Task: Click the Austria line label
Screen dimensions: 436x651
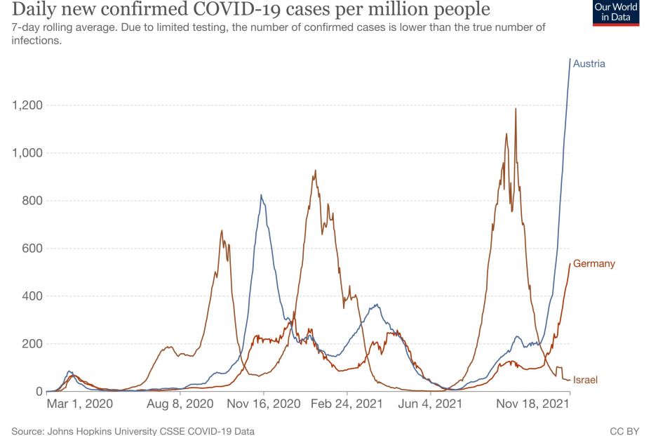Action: click(589, 64)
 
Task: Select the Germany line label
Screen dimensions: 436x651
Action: click(593, 264)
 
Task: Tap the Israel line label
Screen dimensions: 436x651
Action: click(584, 380)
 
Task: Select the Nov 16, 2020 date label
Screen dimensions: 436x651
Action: click(264, 404)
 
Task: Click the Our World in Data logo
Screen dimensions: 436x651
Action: click(616, 13)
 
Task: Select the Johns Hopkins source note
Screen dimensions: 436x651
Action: click(133, 430)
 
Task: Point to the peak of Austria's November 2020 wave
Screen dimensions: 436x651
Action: click(262, 195)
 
